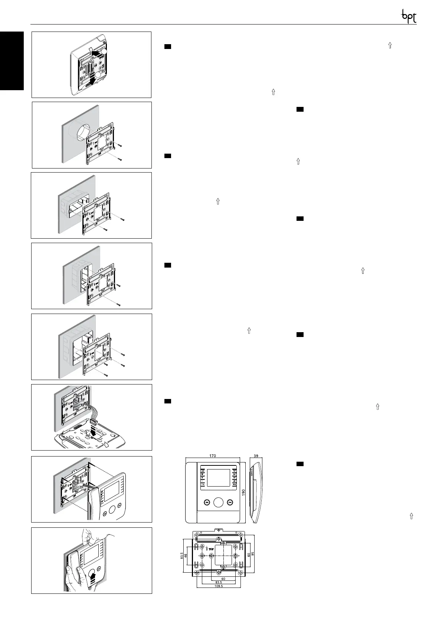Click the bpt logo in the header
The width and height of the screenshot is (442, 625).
[x=409, y=16]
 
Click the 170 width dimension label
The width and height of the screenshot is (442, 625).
[x=213, y=455]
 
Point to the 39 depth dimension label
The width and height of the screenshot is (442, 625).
[x=256, y=455]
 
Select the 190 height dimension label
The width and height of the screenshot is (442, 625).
[x=243, y=492]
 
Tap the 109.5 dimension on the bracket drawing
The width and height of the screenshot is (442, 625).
[x=218, y=586]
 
